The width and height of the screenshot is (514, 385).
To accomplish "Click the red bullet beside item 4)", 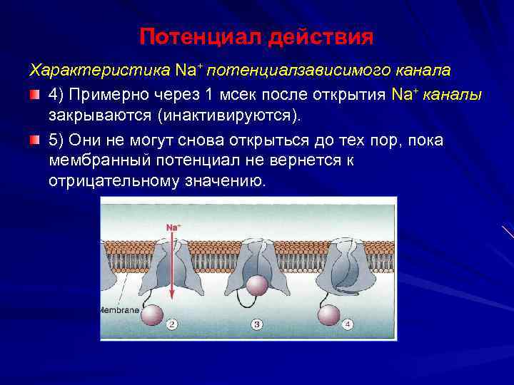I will pos(35,95).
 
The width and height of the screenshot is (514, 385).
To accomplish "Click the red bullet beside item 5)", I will pos(35,140).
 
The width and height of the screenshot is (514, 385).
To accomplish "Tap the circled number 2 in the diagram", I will pos(171,324).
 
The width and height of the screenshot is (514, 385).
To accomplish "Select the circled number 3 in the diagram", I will pos(258,324).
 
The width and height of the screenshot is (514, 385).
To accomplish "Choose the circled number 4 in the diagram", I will pos(348,324).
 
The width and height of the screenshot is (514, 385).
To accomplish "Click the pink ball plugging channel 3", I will pos(256,284).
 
